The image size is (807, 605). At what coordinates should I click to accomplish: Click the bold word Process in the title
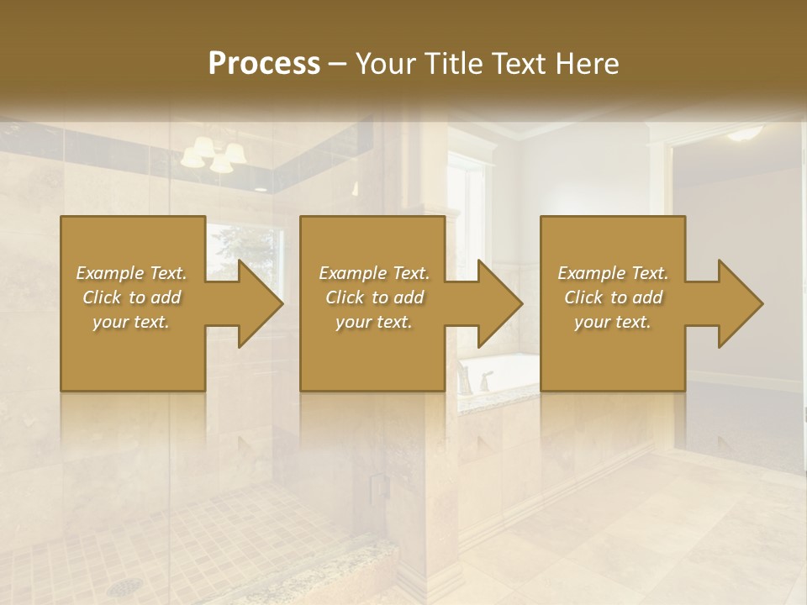[x=264, y=63]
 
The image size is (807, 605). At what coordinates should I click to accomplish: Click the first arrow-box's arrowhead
[x=256, y=304]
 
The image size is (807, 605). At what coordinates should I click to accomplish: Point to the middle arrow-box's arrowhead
[x=496, y=304]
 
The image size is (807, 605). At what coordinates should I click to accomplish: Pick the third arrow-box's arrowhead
[x=736, y=304]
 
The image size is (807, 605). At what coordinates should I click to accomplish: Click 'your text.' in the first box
[x=131, y=321]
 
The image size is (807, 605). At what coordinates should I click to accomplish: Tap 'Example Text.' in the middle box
[x=374, y=273]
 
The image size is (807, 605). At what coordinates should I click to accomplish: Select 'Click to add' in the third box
[x=614, y=297]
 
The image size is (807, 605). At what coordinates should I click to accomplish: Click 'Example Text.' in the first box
[x=131, y=273]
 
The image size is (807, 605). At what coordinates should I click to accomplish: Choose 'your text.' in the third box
[x=612, y=321]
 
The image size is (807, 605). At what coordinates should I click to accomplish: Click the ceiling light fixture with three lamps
[x=214, y=155]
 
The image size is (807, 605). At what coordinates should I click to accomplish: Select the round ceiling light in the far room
[x=744, y=133]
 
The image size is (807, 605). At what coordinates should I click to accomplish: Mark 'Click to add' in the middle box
[x=374, y=297]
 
